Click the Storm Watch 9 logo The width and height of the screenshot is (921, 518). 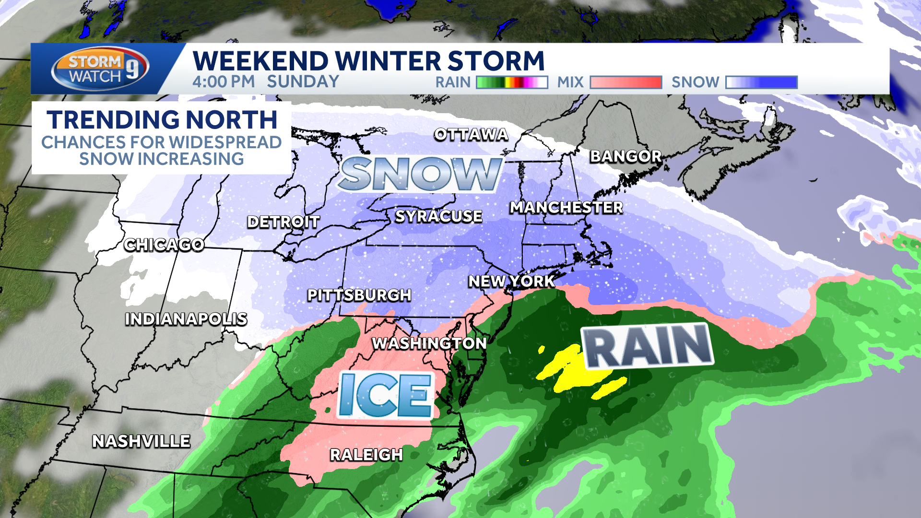coord(100,69)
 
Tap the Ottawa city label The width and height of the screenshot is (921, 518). coord(471,135)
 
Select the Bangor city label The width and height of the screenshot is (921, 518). coord(626,156)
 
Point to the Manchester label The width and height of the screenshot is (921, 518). coord(566,207)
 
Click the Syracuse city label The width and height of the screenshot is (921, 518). coord(438,216)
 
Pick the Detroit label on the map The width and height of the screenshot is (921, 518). coord(283,222)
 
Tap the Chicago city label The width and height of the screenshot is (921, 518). coord(164,245)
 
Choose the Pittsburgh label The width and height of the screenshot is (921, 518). coord(359,295)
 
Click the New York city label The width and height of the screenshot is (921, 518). coord(511,281)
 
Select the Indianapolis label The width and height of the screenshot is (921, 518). coord(186,319)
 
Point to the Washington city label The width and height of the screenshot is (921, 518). coord(429,343)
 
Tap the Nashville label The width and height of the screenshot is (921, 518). coord(141,441)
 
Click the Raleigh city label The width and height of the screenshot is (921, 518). coord(366,455)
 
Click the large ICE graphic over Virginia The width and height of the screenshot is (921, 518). coord(385,395)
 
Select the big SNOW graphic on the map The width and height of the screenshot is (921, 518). coord(420,174)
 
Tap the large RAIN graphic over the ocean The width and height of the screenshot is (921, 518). coord(648,345)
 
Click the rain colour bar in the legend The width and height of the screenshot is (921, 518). coord(512,82)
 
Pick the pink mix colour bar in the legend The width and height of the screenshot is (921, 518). coord(626,82)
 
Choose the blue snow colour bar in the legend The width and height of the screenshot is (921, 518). coord(761,82)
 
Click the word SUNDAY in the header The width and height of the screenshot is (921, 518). coord(303,82)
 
